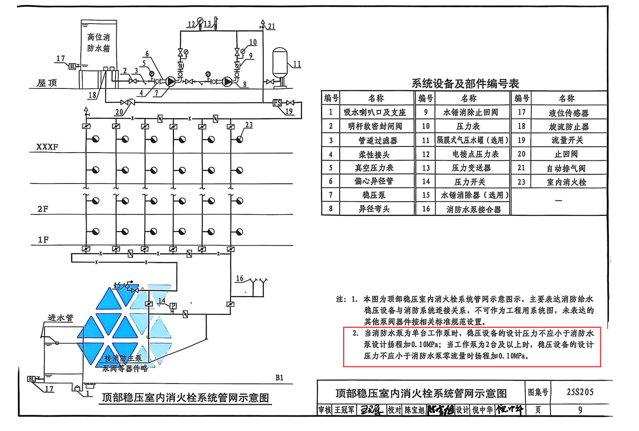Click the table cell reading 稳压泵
click(374, 195)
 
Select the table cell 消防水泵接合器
click(473, 209)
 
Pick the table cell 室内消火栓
click(566, 182)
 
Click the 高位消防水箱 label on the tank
click(99, 42)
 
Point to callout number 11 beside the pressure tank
click(297, 64)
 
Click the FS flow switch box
click(277, 103)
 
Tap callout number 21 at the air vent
click(272, 27)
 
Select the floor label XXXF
click(47, 147)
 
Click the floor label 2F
click(43, 209)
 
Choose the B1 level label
click(279, 378)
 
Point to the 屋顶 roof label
click(47, 83)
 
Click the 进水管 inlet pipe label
click(60, 317)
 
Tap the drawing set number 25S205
click(580, 392)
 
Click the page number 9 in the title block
click(580, 410)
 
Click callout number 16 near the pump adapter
click(240, 278)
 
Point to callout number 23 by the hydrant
click(249, 125)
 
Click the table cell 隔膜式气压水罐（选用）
click(472, 140)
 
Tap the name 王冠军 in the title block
click(344, 410)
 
